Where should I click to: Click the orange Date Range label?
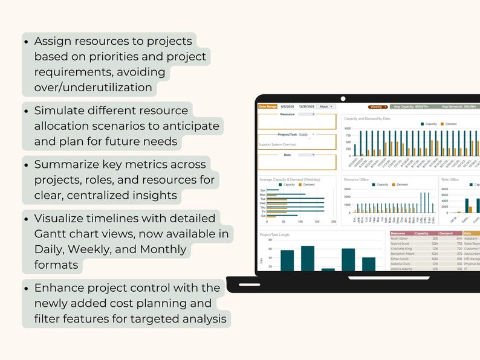(267, 106)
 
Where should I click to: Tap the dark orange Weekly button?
(378, 106)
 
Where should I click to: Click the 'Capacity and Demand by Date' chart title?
(367, 119)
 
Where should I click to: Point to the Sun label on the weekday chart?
(262, 190)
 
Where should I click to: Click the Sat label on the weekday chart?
(262, 215)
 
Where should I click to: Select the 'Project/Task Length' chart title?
(274, 234)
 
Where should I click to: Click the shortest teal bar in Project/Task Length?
(328, 269)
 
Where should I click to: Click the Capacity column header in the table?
(421, 233)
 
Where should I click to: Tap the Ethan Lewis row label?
(400, 259)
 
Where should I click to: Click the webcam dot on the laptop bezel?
(343, 97)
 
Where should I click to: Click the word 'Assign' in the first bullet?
(53, 41)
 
